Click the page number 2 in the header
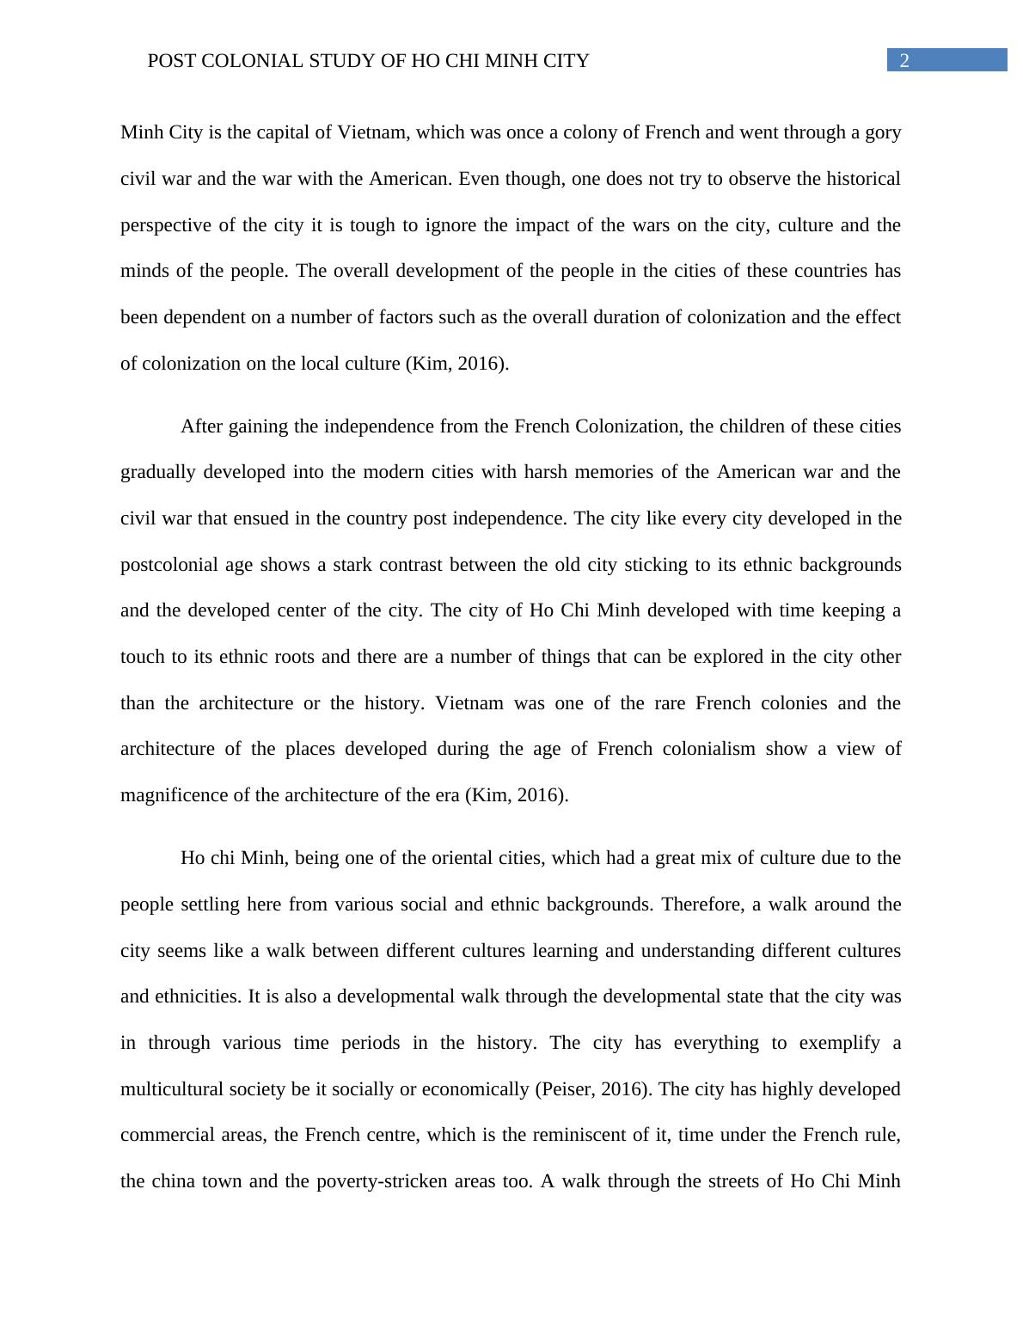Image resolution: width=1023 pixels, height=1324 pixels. tap(904, 60)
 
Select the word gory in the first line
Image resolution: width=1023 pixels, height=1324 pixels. tap(882, 132)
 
